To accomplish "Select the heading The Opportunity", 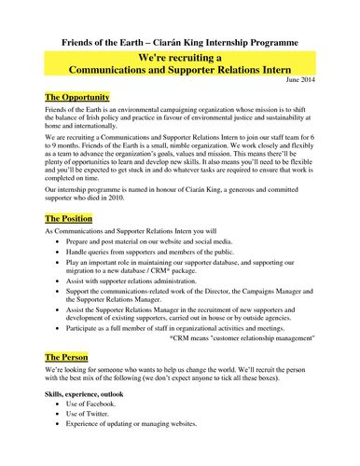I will [x=76, y=98].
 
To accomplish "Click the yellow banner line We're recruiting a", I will [x=179, y=58].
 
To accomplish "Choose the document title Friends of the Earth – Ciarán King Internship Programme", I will [x=179, y=43].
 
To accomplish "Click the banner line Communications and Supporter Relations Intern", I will [x=179, y=70].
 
